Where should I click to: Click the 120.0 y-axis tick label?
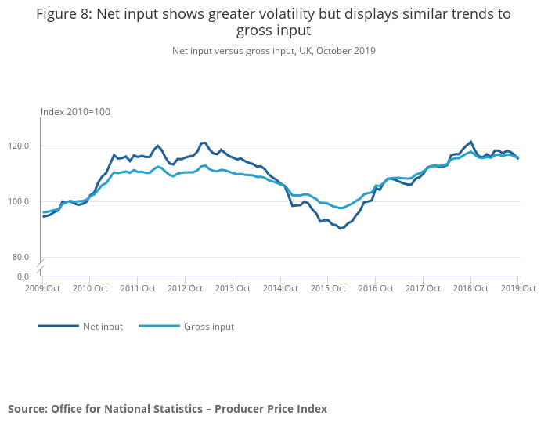pyautogui.click(x=19, y=146)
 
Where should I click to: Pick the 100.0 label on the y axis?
pyautogui.click(x=19, y=201)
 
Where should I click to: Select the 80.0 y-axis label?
pyautogui.click(x=21, y=257)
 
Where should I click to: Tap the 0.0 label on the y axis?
pyautogui.click(x=23, y=276)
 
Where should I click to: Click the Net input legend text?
pyautogui.click(x=103, y=327)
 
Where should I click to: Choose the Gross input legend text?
pyautogui.click(x=208, y=327)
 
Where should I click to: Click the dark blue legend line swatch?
pyautogui.click(x=58, y=326)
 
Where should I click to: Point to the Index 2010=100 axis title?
pyautogui.click(x=75, y=112)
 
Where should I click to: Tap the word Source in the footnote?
pyautogui.click(x=27, y=409)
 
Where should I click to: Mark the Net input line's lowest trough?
pyautogui.click(x=341, y=228)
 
